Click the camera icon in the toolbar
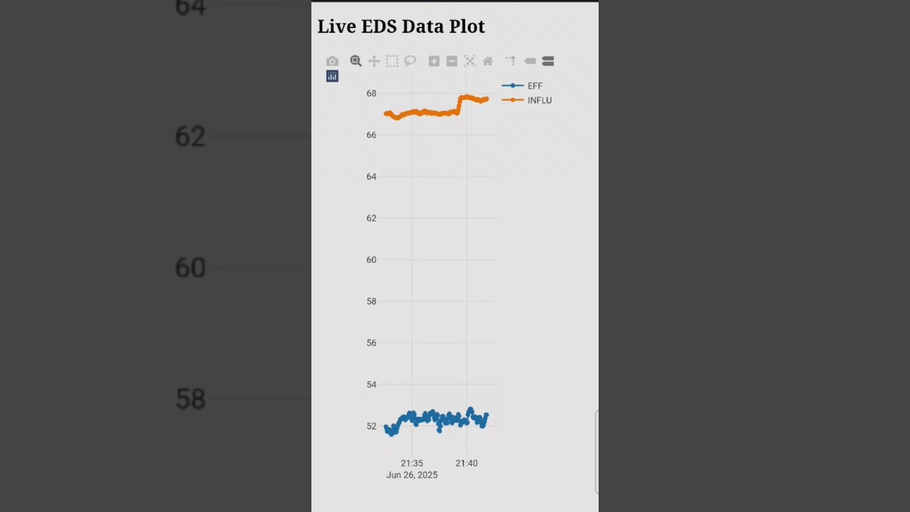pyautogui.click(x=332, y=61)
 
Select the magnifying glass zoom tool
pyautogui.click(x=355, y=61)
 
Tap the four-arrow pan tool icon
pyautogui.click(x=374, y=61)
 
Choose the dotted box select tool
pyautogui.click(x=392, y=61)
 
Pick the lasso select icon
pyautogui.click(x=410, y=61)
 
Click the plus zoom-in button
pyautogui.click(x=434, y=61)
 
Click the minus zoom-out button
pyautogui.click(x=451, y=61)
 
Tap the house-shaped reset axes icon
pyautogui.click(x=488, y=61)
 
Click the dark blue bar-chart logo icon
pyautogui.click(x=332, y=76)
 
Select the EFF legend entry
pyautogui.click(x=534, y=86)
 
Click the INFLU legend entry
pyautogui.click(x=539, y=100)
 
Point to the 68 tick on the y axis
pyautogui.click(x=371, y=93)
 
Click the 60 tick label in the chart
pyautogui.click(x=371, y=260)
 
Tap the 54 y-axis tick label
pyautogui.click(x=371, y=385)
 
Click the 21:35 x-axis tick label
pyautogui.click(x=412, y=463)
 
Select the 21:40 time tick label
pyautogui.click(x=466, y=463)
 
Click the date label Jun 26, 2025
pyautogui.click(x=412, y=475)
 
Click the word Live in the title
pyautogui.click(x=336, y=26)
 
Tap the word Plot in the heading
pyautogui.click(x=466, y=26)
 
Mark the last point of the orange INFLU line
pyautogui.click(x=486, y=99)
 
